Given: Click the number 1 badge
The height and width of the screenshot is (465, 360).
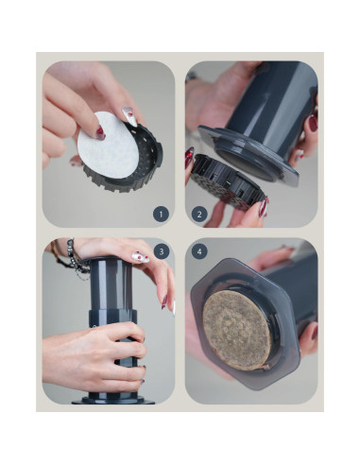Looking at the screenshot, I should click(x=161, y=215).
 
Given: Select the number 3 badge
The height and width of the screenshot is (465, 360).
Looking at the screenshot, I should click(x=161, y=252).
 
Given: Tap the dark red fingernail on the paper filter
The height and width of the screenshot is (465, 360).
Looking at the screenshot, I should click(x=97, y=133).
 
